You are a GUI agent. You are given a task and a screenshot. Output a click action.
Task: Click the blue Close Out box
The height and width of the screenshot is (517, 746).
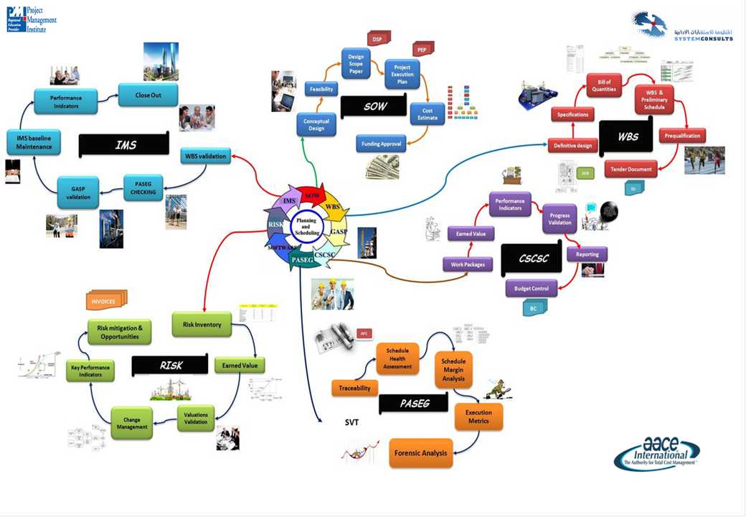tap(148, 94)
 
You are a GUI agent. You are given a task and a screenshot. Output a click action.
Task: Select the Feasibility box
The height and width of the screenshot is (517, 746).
tap(321, 89)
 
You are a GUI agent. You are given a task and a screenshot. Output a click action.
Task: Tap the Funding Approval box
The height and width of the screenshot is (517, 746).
tap(381, 143)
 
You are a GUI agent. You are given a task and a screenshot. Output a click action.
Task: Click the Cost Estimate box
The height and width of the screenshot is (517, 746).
tap(427, 115)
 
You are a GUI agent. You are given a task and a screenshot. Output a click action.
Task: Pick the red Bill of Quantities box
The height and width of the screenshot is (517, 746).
tap(603, 85)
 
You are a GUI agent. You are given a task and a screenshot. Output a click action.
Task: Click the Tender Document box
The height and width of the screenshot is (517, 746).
tap(631, 169)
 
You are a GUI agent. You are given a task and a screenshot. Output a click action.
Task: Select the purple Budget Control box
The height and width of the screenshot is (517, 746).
tap(531, 289)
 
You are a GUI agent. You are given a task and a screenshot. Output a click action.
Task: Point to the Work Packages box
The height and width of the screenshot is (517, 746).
tap(468, 264)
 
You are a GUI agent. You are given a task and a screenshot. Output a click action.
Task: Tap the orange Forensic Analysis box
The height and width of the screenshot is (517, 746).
tap(421, 453)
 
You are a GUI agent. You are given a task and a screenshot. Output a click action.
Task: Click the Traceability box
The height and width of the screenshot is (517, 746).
tap(354, 388)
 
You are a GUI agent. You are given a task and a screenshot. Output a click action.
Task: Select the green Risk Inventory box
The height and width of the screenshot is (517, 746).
tap(202, 325)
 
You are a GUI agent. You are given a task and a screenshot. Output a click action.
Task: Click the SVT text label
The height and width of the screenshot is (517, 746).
tap(351, 423)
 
